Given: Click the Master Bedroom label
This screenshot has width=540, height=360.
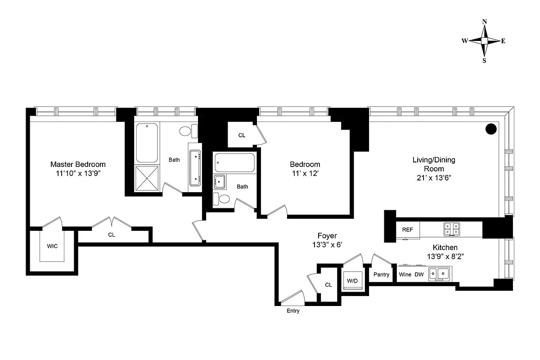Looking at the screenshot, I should [78, 164].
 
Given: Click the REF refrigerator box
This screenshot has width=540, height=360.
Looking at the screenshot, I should [407, 229].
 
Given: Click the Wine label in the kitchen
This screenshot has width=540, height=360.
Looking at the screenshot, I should [405, 274].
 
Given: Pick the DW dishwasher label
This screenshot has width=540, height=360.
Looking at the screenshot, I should [419, 274].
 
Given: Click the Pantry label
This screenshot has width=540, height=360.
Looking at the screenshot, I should [382, 274].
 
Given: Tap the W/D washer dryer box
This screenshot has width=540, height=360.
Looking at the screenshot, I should [352, 281].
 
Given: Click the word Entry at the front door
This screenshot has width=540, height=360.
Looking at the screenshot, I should [293, 311].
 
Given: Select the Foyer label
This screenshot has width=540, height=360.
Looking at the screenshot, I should [327, 236].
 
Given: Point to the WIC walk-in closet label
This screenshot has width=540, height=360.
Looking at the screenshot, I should [53, 246].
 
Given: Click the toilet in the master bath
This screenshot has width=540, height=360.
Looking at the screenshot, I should [186, 131].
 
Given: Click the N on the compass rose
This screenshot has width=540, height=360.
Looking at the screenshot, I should [485, 22].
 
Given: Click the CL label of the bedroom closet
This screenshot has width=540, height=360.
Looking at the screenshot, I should [242, 135].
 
